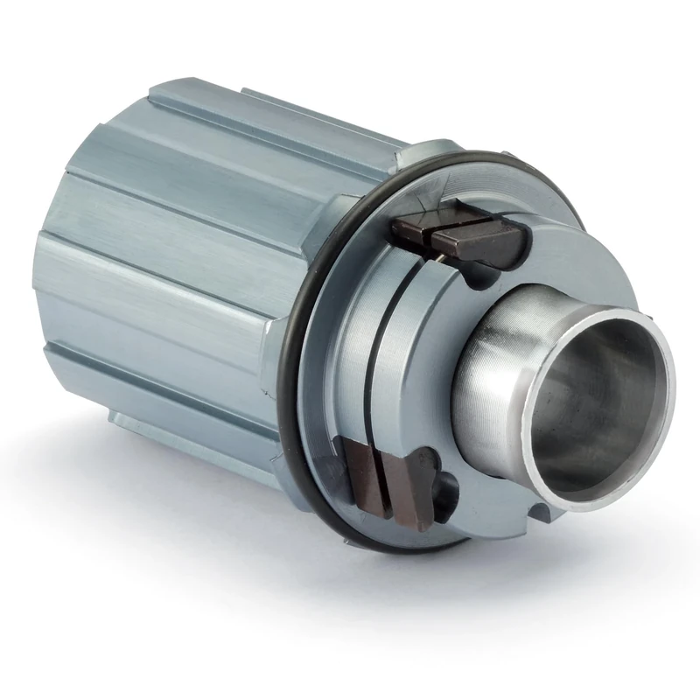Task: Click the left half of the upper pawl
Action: click(x=410, y=230)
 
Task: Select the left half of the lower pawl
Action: click(x=360, y=473)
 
